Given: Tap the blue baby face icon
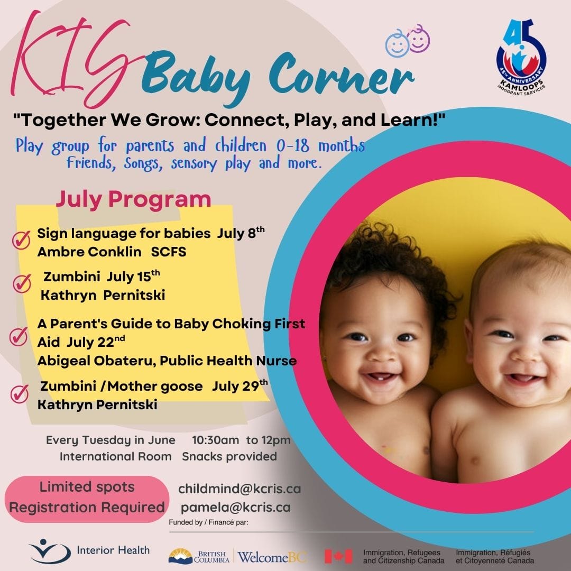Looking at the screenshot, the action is (x=397, y=44).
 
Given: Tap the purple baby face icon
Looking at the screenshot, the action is (x=418, y=39).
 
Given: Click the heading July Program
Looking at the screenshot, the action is (x=133, y=200).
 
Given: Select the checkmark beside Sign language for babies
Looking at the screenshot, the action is (x=21, y=240).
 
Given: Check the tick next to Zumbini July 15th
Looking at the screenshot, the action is (x=22, y=283).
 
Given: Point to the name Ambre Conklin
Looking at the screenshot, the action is (x=89, y=252).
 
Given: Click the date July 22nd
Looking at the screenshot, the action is (x=96, y=342).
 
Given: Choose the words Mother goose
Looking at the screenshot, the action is (x=155, y=386).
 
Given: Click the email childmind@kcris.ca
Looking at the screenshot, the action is (x=240, y=489).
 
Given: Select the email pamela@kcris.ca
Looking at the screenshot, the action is (x=236, y=507).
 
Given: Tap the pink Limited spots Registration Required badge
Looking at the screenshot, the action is (x=87, y=499).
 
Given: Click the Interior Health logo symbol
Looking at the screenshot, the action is (x=50, y=551).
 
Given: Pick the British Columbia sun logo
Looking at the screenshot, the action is (x=180, y=556).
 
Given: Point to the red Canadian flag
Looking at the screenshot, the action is (x=338, y=556).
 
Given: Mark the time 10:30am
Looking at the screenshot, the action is (x=216, y=440).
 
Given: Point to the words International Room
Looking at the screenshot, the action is (x=115, y=456).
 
